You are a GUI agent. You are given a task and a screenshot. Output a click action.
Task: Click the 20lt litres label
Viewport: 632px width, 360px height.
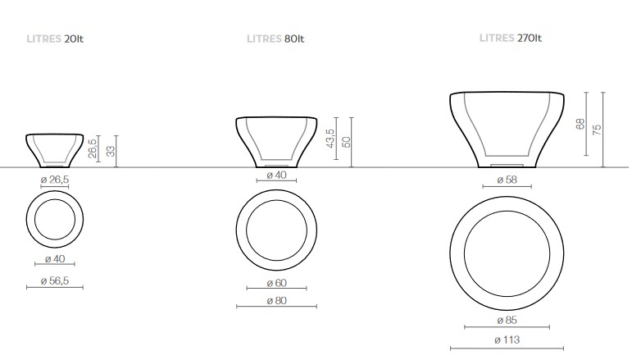coord(56,39)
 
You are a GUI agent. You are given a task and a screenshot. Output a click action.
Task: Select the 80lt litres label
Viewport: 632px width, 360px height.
coord(276,39)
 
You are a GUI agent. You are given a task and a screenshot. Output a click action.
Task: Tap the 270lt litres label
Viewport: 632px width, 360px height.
coord(510,38)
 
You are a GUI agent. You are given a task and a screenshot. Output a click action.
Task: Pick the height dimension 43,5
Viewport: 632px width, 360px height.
coord(330,139)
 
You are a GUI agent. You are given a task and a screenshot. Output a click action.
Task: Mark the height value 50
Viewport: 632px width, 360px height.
coord(345,141)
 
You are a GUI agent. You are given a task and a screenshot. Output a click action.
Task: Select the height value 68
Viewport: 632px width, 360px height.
coord(580,124)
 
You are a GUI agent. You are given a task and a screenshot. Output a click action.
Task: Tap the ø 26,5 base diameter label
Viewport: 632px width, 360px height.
coord(54,180)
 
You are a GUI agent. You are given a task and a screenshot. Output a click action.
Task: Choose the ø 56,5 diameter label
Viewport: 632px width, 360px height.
coord(55,281)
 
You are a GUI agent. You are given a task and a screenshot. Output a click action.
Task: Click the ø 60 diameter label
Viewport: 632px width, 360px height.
coord(275,283)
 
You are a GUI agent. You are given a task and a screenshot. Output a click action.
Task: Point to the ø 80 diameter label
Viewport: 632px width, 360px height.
coord(275,300)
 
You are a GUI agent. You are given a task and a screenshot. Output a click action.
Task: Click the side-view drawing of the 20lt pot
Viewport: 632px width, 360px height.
coord(55,148)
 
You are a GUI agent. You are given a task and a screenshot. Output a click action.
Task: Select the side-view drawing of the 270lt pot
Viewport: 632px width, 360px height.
coord(507,130)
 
